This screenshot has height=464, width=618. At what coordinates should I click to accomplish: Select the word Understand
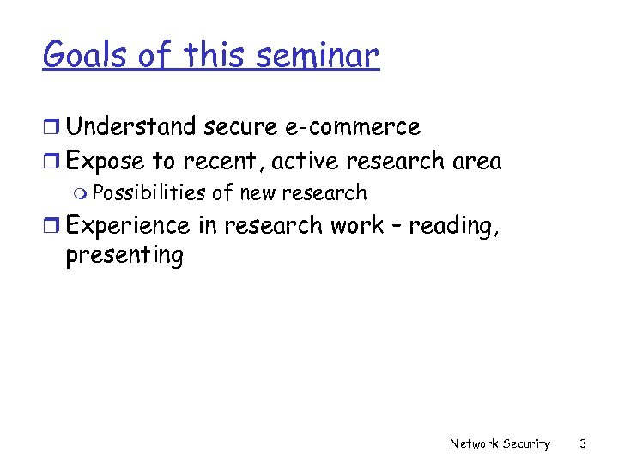(x=131, y=127)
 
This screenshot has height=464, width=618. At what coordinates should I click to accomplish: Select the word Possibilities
(x=152, y=193)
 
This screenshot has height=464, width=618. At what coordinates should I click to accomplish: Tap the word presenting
(x=124, y=256)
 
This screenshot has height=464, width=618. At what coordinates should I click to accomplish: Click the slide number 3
(x=583, y=443)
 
